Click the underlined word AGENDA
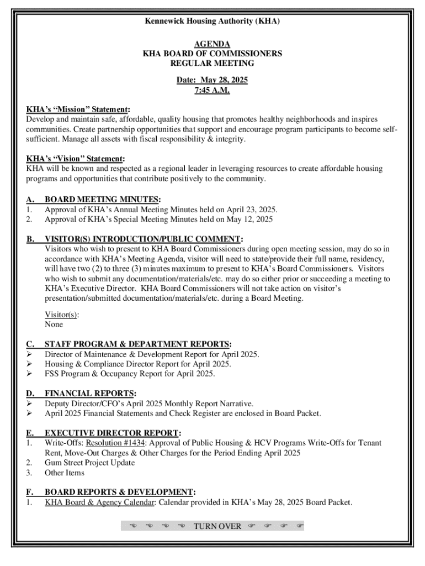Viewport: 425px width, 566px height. coord(212,44)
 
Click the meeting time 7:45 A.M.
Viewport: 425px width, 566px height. coord(212,90)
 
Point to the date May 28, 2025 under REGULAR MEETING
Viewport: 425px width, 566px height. coord(224,80)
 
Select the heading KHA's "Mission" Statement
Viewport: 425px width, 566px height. coord(78,109)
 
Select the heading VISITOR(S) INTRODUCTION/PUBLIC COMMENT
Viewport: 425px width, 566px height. coord(143,239)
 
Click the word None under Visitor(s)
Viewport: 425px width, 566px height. coord(54,324)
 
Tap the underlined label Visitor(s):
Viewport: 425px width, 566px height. coord(61,315)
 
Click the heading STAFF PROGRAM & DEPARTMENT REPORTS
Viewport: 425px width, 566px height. coord(137,344)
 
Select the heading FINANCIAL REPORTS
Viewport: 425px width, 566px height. coord(90,394)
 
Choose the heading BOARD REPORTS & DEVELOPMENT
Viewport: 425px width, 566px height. coord(119,492)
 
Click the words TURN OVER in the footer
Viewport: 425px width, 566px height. coord(217,526)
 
